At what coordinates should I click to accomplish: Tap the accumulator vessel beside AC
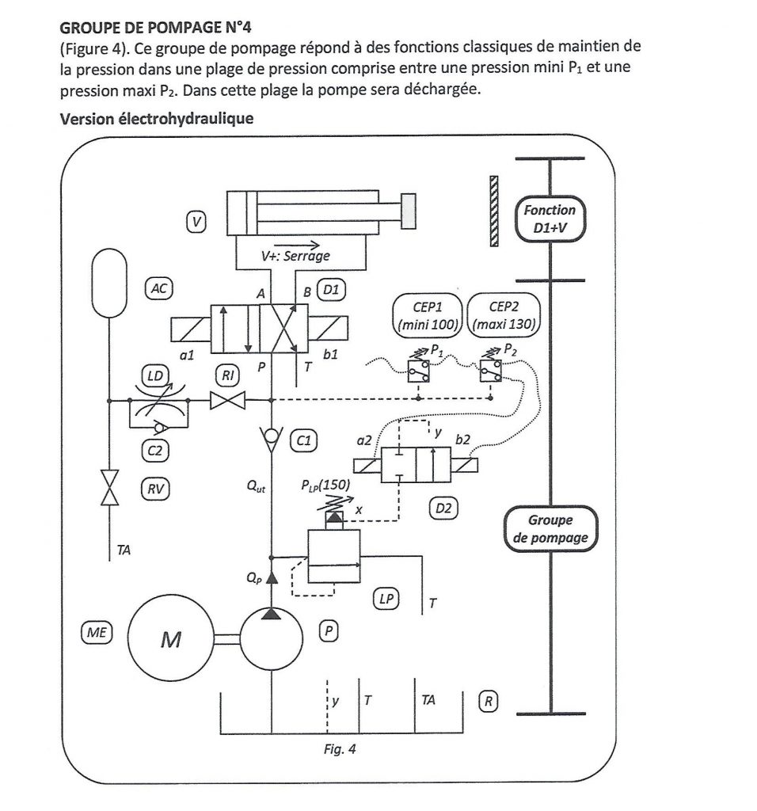pos(108,283)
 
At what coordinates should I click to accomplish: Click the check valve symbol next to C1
pos(272,439)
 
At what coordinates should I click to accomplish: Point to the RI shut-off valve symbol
pos(227,400)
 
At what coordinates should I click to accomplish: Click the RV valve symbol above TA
pos(109,487)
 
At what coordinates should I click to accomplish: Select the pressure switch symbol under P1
pos(418,371)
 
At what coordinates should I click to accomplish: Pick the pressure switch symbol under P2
pos(490,371)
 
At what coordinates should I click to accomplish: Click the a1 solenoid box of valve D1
pos(191,329)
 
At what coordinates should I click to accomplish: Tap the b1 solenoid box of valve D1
pos(328,329)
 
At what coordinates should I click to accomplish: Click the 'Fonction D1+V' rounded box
pos(550,219)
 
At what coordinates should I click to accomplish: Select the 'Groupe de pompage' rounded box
pos(550,528)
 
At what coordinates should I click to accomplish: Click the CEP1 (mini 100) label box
pos(428,315)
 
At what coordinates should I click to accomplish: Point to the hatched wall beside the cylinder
pos(494,211)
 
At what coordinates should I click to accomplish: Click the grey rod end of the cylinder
pos(409,211)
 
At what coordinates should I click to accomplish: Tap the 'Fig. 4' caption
pos(340,749)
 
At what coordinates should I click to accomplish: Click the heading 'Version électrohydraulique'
pos(157,119)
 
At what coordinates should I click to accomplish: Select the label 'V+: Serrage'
pos(295,256)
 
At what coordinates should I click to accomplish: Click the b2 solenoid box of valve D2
pos(464,465)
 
